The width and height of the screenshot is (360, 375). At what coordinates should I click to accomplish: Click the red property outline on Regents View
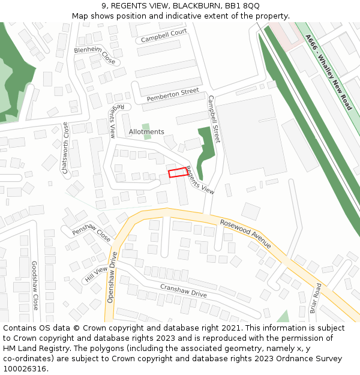point(178,173)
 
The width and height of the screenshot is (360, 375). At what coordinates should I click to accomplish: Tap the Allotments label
point(146,132)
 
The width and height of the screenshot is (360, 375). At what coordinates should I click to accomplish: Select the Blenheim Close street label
point(95,55)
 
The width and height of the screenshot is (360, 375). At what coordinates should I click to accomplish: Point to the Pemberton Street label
point(173,94)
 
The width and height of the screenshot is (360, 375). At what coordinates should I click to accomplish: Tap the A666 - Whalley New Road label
point(328,72)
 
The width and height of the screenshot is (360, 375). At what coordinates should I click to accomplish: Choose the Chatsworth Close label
point(65,148)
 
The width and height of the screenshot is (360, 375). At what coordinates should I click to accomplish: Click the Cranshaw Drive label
point(183,290)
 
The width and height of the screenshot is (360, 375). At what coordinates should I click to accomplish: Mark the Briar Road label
point(316,298)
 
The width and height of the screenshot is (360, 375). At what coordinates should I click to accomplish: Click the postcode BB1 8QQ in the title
point(243,5)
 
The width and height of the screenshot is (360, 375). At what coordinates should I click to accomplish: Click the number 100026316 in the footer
point(25,368)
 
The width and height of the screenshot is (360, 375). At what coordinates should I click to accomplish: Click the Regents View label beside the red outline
point(200,180)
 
